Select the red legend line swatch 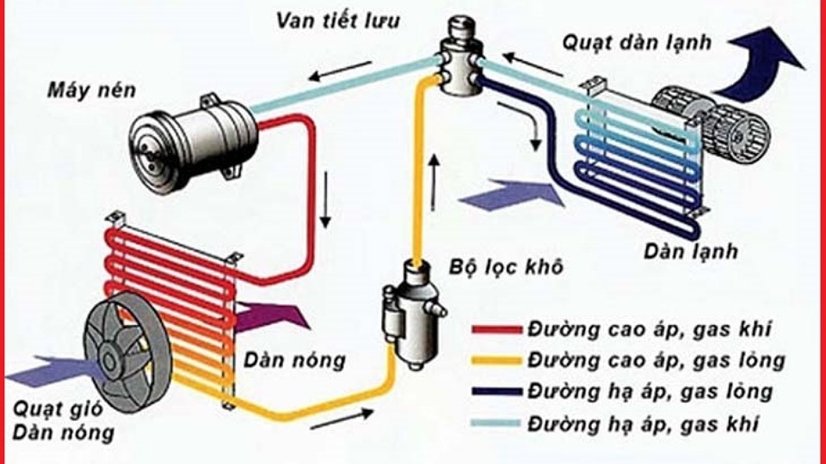(497, 329)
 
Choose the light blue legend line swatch (497, 424)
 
